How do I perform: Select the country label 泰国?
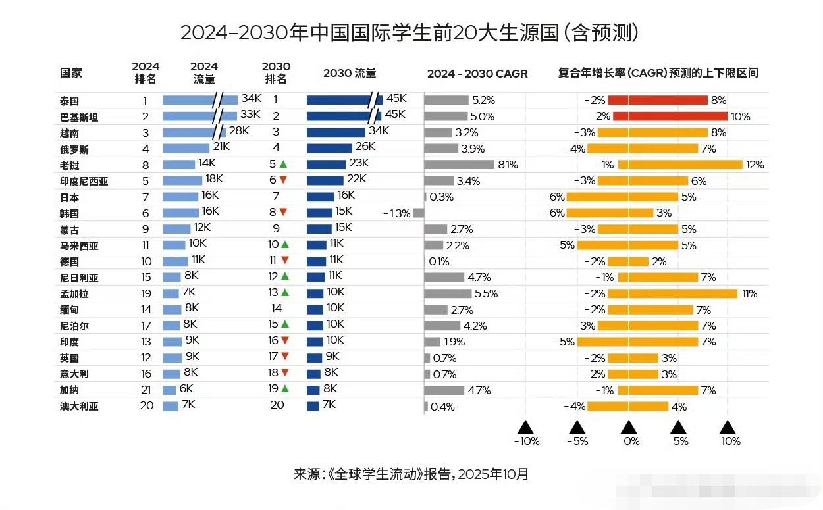(69, 101)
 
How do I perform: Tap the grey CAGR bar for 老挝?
(459, 165)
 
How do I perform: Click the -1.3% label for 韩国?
(397, 213)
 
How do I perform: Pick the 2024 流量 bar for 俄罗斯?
(186, 149)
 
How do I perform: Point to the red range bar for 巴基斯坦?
(670, 116)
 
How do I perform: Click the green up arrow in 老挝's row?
(283, 165)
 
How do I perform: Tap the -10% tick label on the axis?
(526, 441)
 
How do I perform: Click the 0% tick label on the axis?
(631, 441)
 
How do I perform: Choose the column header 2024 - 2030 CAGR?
(477, 74)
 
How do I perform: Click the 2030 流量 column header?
(350, 74)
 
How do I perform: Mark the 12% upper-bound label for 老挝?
(755, 165)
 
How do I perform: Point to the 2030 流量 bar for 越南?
(336, 132)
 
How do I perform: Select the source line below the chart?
(411, 474)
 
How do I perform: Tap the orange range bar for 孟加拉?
(672, 293)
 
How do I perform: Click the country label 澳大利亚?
(79, 406)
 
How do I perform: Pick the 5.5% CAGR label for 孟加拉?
(486, 293)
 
